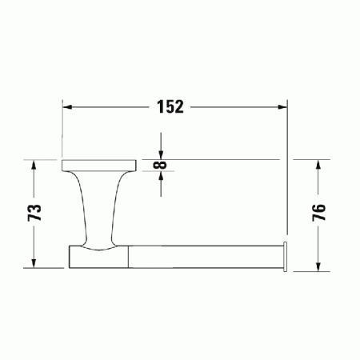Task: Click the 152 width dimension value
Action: [x=170, y=107]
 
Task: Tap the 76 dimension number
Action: [x=318, y=213]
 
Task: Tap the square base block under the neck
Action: [x=96, y=256]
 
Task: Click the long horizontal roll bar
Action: [x=204, y=256]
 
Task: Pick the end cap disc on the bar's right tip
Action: [x=286, y=256]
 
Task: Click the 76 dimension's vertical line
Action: [x=318, y=240]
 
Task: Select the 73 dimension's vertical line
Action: [x=34, y=240]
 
